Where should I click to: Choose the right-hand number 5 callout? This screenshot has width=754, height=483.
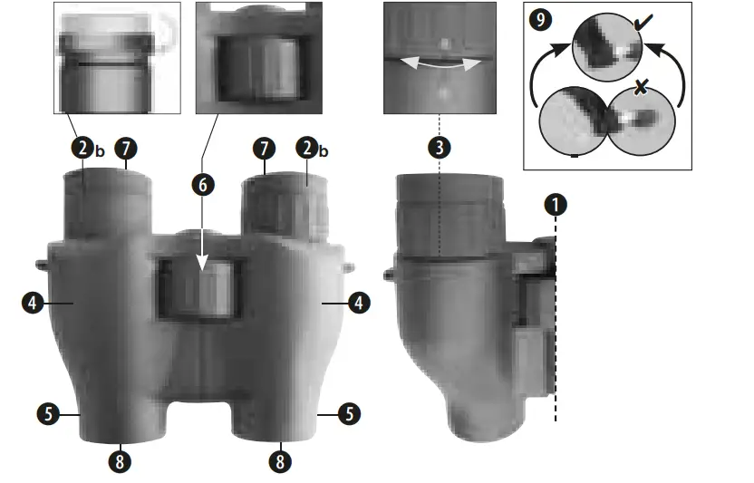(349, 414)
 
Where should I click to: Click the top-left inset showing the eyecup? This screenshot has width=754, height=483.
(117, 57)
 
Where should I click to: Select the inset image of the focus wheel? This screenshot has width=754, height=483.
(258, 57)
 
